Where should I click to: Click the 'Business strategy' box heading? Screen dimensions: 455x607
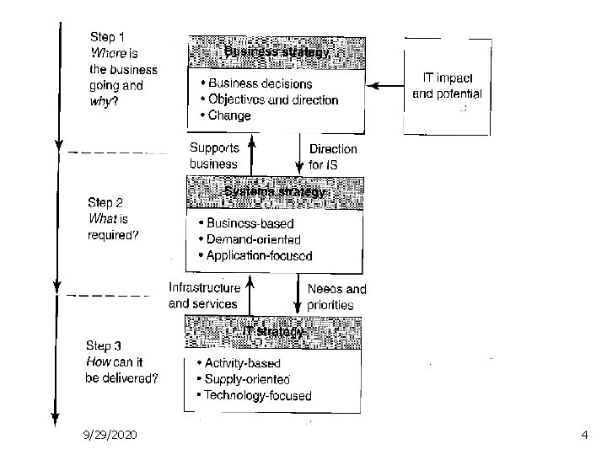coord(277,51)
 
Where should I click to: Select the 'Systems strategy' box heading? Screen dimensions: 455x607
coord(276,192)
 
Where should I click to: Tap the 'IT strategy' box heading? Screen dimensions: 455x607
coord(273,331)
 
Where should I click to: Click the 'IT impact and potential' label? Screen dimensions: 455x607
coord(447,85)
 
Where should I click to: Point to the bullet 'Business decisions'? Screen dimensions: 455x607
coord(259,83)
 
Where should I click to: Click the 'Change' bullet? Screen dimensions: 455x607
coord(228,115)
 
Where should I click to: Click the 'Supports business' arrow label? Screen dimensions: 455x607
coord(214,157)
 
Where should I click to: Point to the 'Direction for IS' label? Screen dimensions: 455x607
coord(333,157)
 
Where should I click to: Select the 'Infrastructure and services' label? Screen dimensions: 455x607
coord(204,296)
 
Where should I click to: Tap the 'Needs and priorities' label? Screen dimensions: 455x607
coord(336,297)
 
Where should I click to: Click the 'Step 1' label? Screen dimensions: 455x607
coord(107,38)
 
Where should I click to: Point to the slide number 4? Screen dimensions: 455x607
coord(584,434)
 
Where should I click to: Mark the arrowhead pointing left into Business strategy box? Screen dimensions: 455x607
coord(372,85)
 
